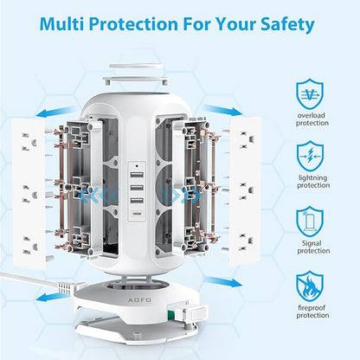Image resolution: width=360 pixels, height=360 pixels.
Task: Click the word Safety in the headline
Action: pyautogui.click(x=287, y=23)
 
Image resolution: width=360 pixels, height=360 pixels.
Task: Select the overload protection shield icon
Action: pyautogui.click(x=310, y=93)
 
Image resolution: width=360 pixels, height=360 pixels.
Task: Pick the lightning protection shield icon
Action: pyautogui.click(x=310, y=156)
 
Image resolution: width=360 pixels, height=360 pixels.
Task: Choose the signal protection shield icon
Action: pyautogui.click(x=310, y=222)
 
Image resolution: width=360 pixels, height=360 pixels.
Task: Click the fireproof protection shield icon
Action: pyautogui.click(x=310, y=286)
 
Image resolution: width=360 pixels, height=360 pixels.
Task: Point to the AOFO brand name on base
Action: pyautogui.click(x=139, y=300)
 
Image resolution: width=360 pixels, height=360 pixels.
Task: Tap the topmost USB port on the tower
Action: pyautogui.click(x=137, y=176)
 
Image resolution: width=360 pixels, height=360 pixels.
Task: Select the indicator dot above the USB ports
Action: pyautogui.click(x=137, y=166)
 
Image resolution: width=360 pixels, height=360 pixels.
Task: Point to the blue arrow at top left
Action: pyautogui.click(x=55, y=112)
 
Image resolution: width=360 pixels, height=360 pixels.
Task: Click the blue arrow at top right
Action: pyautogui.click(x=222, y=111)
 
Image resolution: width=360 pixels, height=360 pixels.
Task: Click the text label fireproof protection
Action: pyautogui.click(x=312, y=312)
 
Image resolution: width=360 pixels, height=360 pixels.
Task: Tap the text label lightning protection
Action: pyautogui.click(x=313, y=181)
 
